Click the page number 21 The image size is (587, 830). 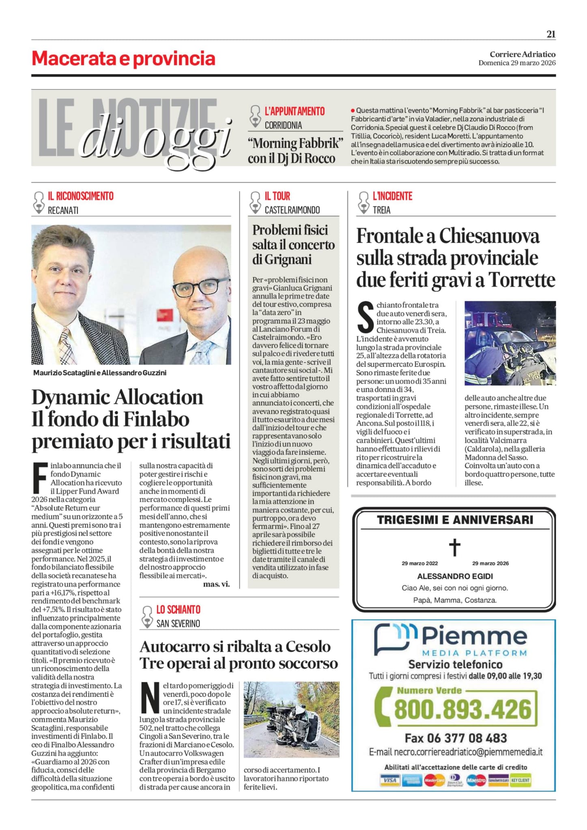pos(550,34)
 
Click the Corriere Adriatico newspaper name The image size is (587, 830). pos(522,54)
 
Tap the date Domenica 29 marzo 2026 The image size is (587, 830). pos(517,63)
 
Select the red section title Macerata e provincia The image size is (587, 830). pos(123,59)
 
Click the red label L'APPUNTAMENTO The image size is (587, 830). pos(295,111)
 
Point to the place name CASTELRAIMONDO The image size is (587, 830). pos(292,210)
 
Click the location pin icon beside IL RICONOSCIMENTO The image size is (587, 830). pos(39,202)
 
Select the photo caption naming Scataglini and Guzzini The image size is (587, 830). pos(100,372)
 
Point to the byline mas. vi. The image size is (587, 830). pos(216,584)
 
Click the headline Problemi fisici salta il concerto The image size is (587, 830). pos(293,244)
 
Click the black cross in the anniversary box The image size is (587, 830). pos(455,548)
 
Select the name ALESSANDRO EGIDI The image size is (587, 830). pos(455,576)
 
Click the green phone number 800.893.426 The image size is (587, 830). pos(462,709)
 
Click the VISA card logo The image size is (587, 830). pos(389,780)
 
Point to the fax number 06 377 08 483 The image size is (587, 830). pos(471,738)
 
